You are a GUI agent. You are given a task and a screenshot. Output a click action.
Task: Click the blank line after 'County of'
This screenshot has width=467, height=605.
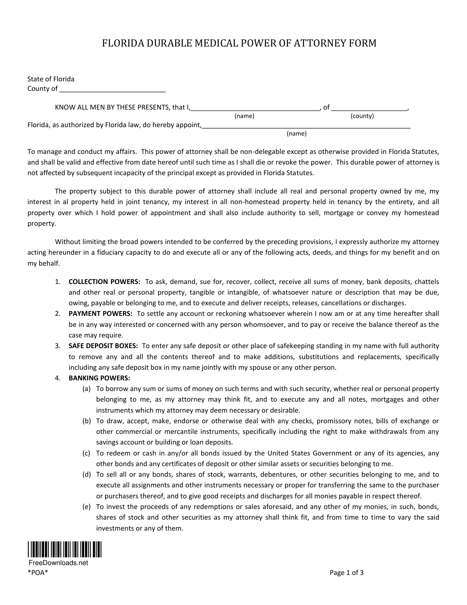pos(112,90)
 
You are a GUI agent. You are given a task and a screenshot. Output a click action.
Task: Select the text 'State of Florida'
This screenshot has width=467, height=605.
pos(51,79)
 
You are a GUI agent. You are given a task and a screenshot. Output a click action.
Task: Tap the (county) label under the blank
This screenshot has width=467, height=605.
pos(362,116)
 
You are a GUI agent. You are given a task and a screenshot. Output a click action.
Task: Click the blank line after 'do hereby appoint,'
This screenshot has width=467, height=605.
pos(306,126)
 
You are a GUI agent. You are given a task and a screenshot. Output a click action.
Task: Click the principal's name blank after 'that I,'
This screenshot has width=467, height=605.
pos(255,108)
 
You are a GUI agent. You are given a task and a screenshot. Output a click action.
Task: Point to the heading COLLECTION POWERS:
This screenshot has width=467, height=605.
pos(104,282)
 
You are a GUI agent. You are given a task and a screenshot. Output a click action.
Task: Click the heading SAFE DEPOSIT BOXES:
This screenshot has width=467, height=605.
pos(103,346)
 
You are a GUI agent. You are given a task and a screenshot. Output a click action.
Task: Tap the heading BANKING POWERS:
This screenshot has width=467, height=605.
pos(99,378)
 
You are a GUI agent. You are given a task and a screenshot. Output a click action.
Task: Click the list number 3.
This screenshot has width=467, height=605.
pos(58,346)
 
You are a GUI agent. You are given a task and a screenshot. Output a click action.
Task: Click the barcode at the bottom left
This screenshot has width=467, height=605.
pos(64,549)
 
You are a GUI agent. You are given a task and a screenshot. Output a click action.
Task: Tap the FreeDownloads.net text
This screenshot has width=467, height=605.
pos(58,563)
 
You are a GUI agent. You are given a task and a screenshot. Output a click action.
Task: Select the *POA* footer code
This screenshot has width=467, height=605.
pos(38,573)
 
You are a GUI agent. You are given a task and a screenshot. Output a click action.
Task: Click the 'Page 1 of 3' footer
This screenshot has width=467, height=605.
pos(346,573)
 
